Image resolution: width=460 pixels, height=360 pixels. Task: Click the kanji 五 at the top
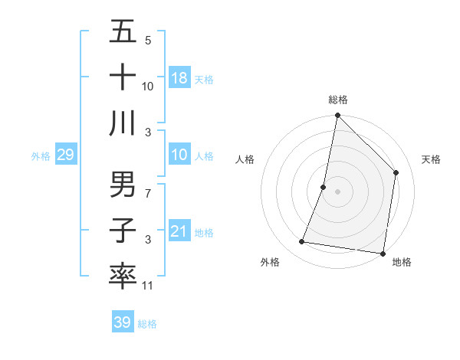click(123, 32)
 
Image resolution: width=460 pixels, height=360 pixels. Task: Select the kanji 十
click(123, 77)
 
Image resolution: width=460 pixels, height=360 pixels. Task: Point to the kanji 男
click(123, 185)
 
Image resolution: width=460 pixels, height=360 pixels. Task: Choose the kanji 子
click(123, 231)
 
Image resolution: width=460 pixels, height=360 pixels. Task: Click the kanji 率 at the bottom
click(123, 276)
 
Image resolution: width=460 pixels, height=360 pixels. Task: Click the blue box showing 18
click(179, 78)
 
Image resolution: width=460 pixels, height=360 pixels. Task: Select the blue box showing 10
click(179, 155)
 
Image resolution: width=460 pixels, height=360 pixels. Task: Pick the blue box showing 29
click(65, 155)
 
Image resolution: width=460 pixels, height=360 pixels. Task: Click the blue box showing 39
click(122, 322)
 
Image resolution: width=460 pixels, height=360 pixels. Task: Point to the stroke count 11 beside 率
click(148, 286)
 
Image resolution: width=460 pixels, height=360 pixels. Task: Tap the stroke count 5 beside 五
click(148, 40)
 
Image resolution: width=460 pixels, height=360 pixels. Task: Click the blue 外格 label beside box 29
click(41, 156)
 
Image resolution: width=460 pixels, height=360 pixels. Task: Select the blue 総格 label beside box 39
click(147, 324)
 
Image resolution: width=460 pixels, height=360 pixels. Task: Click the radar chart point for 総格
click(337, 116)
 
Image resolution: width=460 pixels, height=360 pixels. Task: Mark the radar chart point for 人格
click(324, 187)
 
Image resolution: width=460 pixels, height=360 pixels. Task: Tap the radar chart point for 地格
click(382, 253)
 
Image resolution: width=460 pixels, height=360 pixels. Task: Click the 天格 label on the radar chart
click(432, 159)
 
